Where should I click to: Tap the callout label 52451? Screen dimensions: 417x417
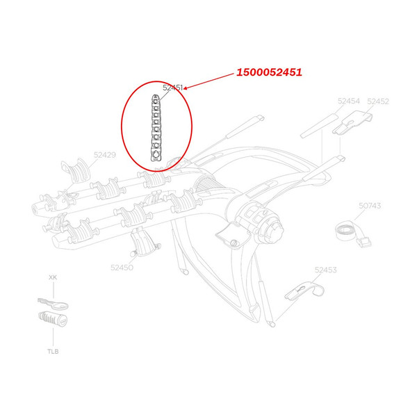click(172, 88)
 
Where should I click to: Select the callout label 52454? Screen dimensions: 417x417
click(348, 101)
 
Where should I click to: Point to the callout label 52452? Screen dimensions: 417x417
click(377, 101)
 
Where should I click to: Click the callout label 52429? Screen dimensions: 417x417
click(105, 155)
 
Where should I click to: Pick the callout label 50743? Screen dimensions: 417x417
click(370, 206)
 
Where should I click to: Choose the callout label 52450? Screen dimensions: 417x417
click(122, 266)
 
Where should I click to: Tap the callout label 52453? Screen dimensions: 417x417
click(325, 270)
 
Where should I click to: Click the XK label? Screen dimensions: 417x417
click(52, 277)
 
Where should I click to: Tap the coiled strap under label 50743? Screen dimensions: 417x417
click(352, 231)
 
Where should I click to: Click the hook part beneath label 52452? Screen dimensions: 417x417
click(354, 124)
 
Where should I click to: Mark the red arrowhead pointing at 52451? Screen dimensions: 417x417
click(186, 88)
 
